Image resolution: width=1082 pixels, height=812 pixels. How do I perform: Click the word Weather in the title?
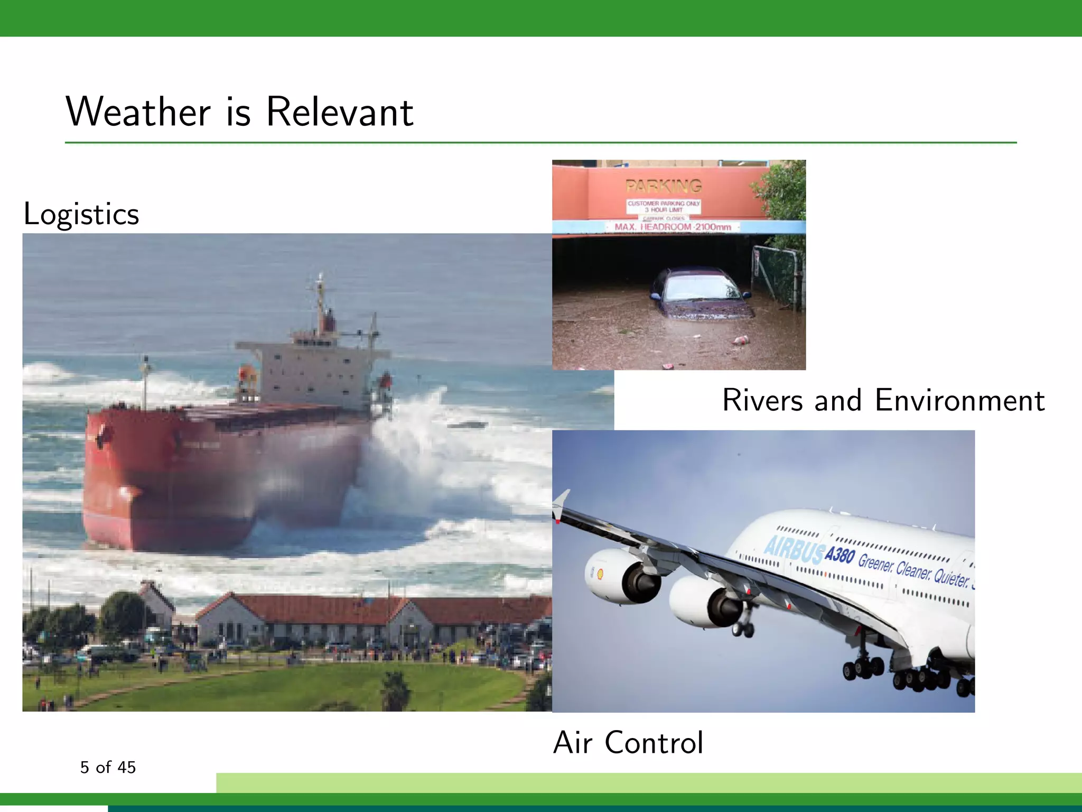pyautogui.click(x=138, y=112)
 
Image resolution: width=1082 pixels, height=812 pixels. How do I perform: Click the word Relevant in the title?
pyautogui.click(x=340, y=112)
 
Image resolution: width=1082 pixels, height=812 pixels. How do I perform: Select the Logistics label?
pyautogui.click(x=81, y=214)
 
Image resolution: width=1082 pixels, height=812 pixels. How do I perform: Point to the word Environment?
pyautogui.click(x=959, y=400)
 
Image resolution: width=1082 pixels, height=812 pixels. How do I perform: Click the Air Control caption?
pyautogui.click(x=628, y=742)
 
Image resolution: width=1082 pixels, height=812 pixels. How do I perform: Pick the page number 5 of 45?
pyautogui.click(x=108, y=767)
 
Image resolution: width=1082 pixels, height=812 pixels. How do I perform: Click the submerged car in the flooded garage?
pyautogui.click(x=700, y=294)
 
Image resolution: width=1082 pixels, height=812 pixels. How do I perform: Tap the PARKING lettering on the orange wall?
pyautogui.click(x=664, y=186)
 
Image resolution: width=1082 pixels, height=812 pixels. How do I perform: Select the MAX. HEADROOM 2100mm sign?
pyautogui.click(x=673, y=227)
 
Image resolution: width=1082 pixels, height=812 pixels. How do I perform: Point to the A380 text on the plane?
pyautogui.click(x=840, y=555)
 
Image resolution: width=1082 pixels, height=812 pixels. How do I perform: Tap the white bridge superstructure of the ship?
pyautogui.click(x=312, y=373)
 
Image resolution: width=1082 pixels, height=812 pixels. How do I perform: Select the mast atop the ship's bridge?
pyautogui.click(x=320, y=301)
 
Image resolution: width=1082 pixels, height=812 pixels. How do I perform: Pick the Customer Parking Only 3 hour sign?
pyautogui.click(x=664, y=206)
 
